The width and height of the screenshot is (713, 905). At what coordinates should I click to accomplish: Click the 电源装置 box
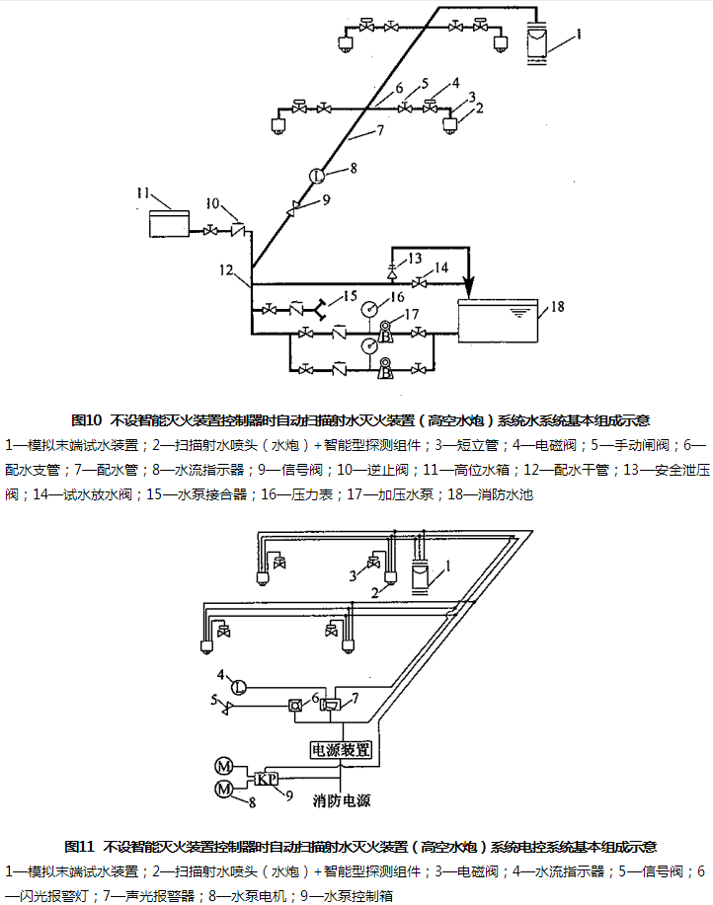pos(342,750)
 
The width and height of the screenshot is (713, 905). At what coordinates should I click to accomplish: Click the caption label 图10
pos(89,418)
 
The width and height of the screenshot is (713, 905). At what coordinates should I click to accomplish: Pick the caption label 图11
pos(78,846)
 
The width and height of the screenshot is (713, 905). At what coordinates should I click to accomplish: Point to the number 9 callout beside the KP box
pos(289,792)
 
